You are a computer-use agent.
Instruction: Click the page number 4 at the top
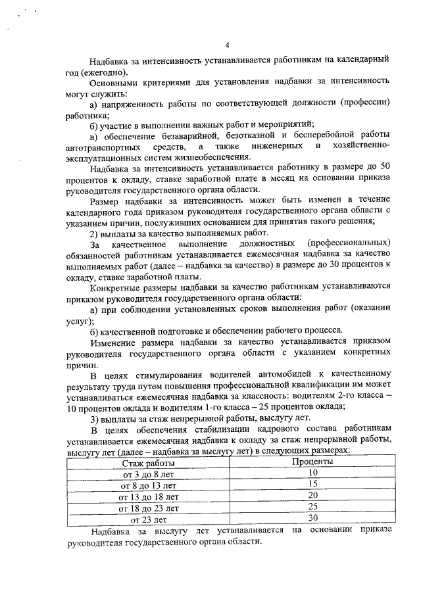coord(227,45)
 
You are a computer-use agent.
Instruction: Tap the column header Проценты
coord(312,462)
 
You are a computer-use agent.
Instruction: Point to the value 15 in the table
coord(312,485)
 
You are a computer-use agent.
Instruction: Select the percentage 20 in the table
coord(312,496)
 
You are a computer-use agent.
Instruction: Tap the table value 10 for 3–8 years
coord(312,473)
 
